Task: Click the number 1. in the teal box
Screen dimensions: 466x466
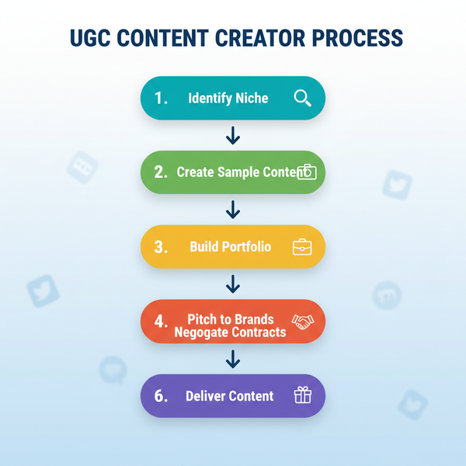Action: click(162, 99)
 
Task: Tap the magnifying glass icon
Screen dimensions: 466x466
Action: click(302, 98)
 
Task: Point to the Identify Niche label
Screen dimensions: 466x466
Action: click(228, 99)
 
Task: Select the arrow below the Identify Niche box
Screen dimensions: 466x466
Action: click(232, 135)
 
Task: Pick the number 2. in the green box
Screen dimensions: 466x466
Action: click(162, 172)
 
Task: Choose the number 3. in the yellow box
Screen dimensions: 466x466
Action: click(162, 247)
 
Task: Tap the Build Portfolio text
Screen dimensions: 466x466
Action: click(230, 247)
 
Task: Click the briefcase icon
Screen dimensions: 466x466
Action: click(301, 247)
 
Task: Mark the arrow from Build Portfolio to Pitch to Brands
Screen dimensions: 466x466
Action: click(232, 283)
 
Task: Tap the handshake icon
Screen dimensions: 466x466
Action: click(301, 322)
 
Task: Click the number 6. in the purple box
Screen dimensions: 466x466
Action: click(162, 396)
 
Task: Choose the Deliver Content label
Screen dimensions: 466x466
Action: click(230, 396)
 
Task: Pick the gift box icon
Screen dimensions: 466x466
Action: click(302, 395)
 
